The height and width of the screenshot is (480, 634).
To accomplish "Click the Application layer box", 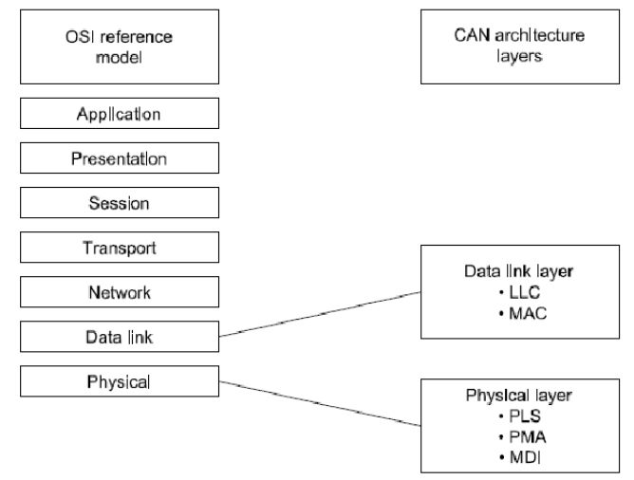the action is coord(120,114).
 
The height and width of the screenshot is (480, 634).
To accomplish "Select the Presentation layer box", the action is coord(120,158).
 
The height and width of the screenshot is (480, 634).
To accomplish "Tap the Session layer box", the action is coord(120,203).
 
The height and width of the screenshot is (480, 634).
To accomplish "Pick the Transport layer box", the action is coord(120,248).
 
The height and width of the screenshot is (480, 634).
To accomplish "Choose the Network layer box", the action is coord(120,292).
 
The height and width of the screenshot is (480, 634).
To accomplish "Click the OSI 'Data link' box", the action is coord(120,337).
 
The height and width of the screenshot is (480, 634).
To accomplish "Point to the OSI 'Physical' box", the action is coord(120,381).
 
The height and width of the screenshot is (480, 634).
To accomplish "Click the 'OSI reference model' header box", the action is coord(120,46).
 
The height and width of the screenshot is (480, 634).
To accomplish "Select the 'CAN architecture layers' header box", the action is coord(520,46).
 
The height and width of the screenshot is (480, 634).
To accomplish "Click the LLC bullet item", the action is coord(519,292).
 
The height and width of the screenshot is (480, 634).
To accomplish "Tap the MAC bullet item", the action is coord(523,313).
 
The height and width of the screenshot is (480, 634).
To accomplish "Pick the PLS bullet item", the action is coord(519,415).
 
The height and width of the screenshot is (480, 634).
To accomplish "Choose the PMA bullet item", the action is coord(522,436).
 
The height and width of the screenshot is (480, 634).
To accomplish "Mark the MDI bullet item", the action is coord(520,457).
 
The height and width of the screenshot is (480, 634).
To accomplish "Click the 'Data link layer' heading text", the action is coord(519,271).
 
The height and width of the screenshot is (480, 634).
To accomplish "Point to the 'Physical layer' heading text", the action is coord(519,396).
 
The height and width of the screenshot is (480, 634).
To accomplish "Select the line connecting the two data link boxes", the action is coord(320,314).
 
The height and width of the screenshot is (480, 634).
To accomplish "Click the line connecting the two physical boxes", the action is coord(320,404).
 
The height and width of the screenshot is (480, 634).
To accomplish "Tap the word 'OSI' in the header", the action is coord(80,37).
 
